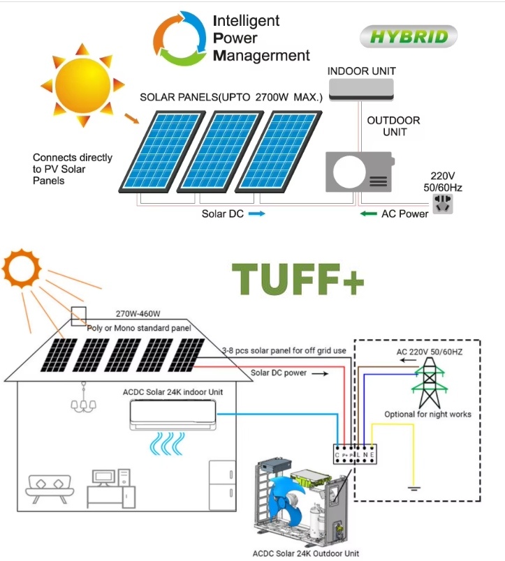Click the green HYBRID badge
click(x=409, y=36)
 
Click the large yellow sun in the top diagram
click(x=83, y=84)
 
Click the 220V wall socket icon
click(x=443, y=204)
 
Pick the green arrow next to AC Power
click(x=368, y=214)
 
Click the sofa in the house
click(x=52, y=487)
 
